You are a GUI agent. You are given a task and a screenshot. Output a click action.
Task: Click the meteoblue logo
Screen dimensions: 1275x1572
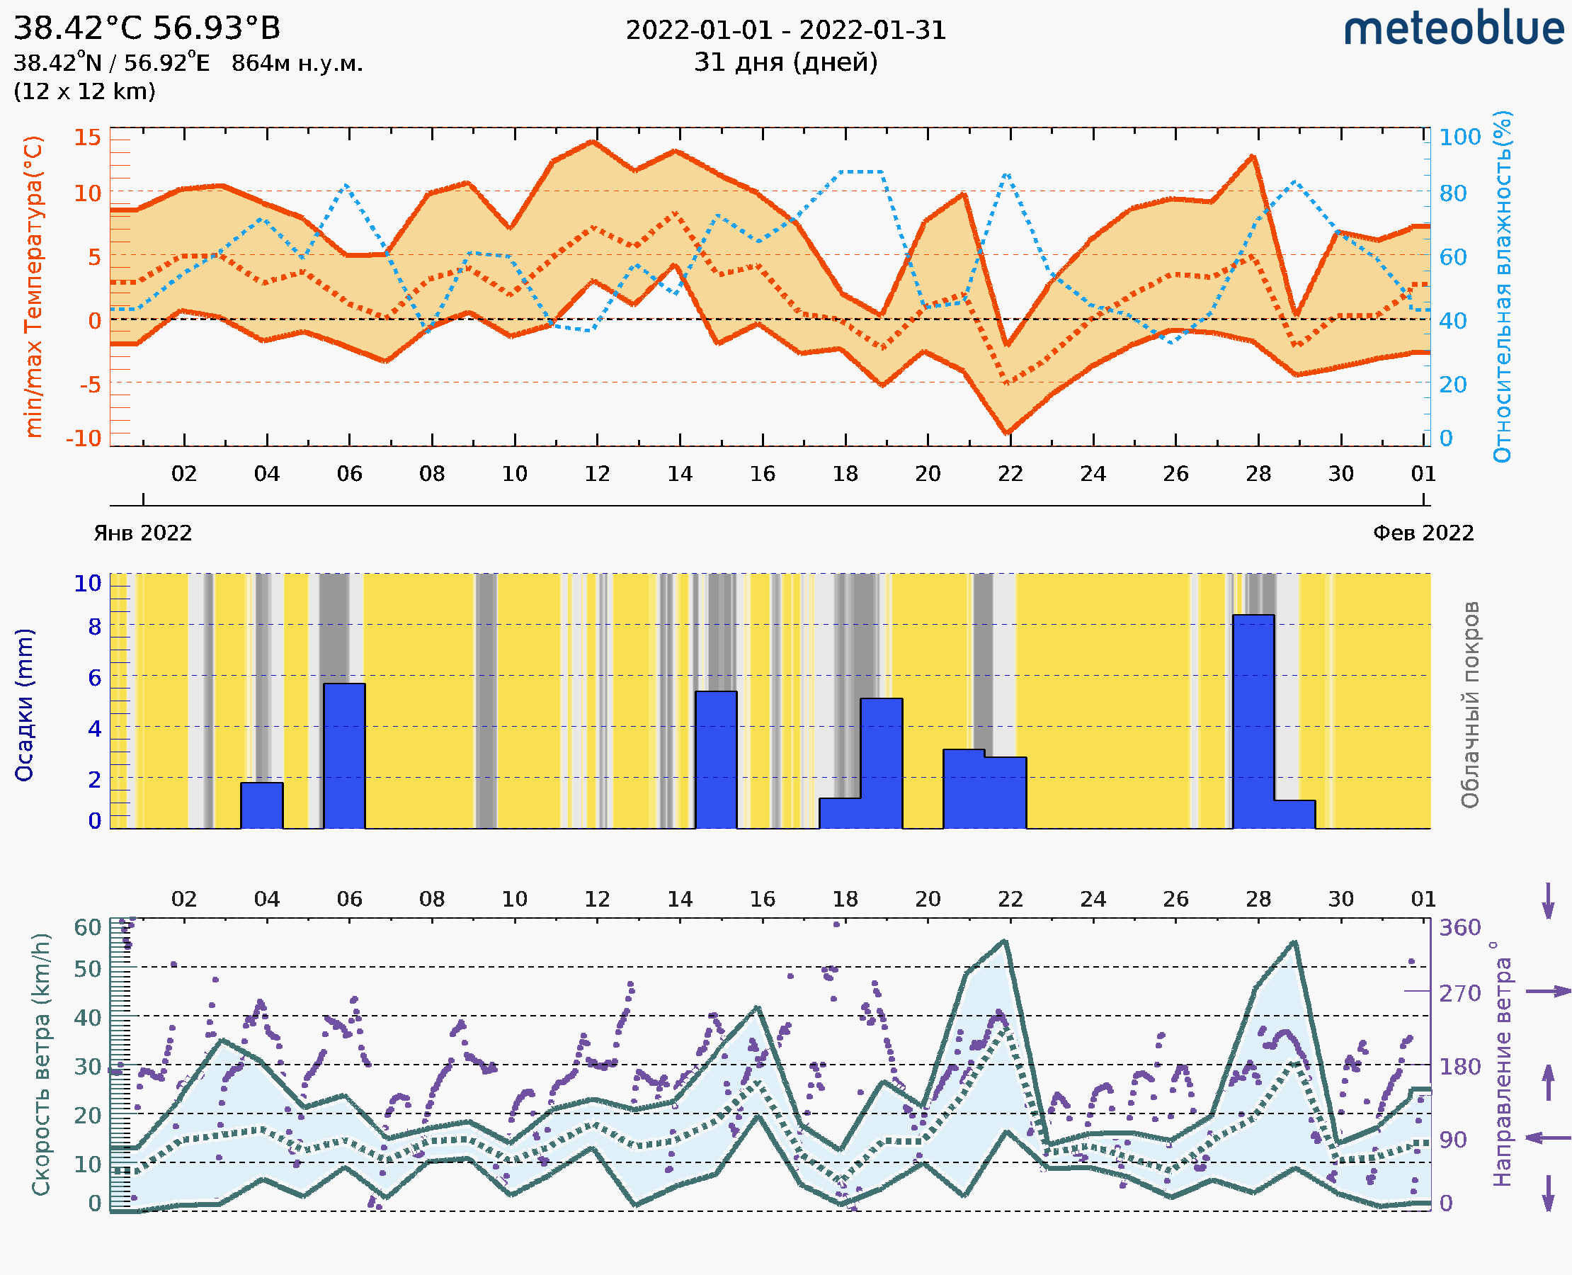coord(1454,29)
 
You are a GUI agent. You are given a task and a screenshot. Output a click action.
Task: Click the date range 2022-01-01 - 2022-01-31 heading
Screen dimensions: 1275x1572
coord(785,30)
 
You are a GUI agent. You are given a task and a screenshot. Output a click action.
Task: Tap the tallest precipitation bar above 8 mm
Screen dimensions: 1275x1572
coord(1253,720)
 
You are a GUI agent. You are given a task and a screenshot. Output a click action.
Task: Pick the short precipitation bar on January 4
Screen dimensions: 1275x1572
coord(261,805)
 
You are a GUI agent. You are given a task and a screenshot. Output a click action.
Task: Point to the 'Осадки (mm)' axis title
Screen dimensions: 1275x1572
coord(24,704)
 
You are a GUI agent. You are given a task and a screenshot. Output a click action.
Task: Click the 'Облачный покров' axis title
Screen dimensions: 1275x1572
coord(1470,704)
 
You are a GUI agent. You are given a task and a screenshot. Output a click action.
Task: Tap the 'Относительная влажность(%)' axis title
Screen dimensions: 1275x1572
coord(1502,286)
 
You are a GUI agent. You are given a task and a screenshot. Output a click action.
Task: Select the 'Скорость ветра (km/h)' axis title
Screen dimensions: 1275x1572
coord(41,1064)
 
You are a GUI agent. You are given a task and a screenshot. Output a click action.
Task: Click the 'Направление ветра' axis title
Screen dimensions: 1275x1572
coord(1502,1064)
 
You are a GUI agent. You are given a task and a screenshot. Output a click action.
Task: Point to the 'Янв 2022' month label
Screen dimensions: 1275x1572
coord(142,533)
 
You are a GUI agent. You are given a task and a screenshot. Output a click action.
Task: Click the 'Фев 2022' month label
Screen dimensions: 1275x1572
coord(1423,533)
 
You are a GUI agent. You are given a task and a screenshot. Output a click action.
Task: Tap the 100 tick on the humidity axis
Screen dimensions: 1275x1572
coord(1459,137)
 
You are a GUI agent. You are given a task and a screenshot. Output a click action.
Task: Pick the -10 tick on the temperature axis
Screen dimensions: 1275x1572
coord(84,438)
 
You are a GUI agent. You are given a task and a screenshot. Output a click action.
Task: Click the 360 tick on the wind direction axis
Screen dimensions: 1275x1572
coord(1459,928)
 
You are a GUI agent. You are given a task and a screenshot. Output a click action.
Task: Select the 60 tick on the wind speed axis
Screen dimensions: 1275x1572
coord(87,927)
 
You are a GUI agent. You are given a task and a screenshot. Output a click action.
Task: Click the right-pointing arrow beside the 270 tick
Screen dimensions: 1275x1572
coord(1548,992)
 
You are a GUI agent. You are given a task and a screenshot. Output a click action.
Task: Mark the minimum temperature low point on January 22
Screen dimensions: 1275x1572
coord(1008,433)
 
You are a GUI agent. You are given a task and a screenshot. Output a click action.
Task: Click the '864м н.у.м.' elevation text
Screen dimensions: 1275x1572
coord(297,64)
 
